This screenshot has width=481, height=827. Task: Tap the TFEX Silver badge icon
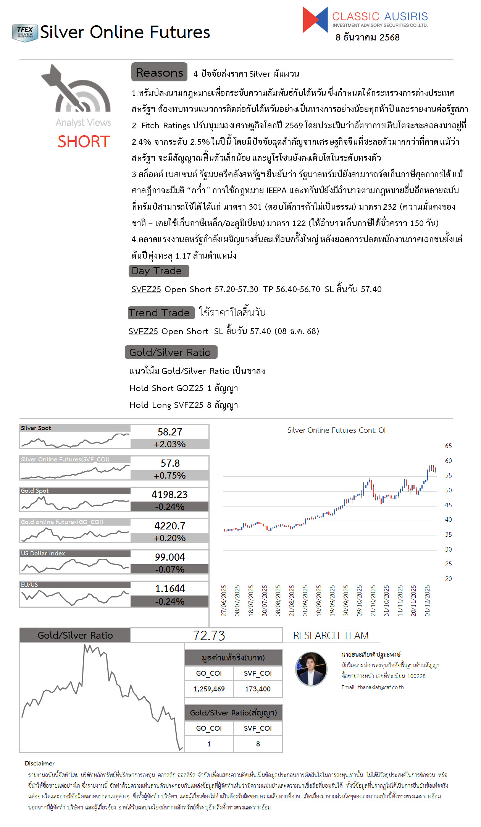(25, 33)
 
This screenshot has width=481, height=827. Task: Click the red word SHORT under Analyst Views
(84, 142)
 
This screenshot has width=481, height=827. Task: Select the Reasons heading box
(159, 72)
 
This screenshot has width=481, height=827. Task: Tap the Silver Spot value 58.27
(170, 432)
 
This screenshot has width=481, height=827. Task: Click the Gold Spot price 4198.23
(170, 495)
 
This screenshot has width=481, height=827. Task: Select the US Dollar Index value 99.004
(170, 557)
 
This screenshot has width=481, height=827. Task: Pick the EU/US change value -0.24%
(170, 601)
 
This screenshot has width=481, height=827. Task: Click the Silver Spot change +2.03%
(170, 444)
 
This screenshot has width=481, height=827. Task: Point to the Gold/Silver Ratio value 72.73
(209, 636)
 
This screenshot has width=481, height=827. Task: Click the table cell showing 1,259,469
(209, 689)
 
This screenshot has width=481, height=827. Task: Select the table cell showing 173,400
(258, 689)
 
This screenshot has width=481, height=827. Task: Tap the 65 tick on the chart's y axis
(448, 446)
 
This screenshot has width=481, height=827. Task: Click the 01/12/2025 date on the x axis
(427, 600)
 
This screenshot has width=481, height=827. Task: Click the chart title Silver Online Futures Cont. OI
(336, 430)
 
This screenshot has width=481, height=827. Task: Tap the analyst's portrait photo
(312, 669)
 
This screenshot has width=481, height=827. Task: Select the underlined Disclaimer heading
(40, 763)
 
